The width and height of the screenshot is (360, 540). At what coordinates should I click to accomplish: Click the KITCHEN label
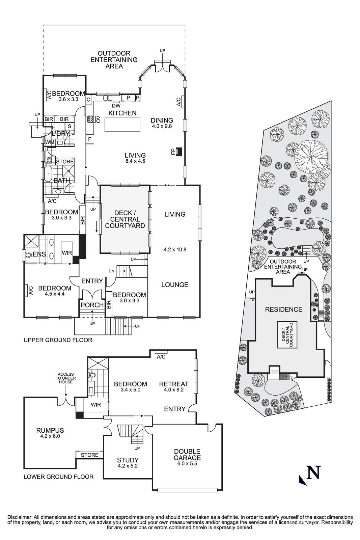click(x=122, y=113)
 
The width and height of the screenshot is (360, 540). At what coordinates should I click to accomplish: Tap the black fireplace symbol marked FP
click(x=179, y=152)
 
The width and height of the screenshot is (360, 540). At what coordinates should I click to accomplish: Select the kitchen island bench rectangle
click(x=122, y=125)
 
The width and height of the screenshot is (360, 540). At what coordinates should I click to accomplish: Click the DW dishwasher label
click(x=116, y=106)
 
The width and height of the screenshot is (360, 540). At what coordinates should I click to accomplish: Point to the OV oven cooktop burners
click(x=90, y=119)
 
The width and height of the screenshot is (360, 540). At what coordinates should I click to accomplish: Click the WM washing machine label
click(x=50, y=142)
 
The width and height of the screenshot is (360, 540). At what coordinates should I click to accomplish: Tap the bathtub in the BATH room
click(x=48, y=173)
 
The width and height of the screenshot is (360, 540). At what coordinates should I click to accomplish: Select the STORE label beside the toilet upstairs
click(x=65, y=162)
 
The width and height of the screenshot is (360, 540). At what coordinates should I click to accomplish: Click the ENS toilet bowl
click(x=29, y=254)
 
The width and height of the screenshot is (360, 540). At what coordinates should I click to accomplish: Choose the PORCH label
click(x=92, y=305)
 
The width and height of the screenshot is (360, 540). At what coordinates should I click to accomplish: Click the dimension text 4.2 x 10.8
click(x=175, y=249)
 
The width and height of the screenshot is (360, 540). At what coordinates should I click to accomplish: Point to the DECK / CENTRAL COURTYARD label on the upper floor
click(x=125, y=219)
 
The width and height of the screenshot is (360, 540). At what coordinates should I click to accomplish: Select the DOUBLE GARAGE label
click(x=187, y=454)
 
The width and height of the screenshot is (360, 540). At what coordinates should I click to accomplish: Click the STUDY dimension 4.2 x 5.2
click(x=128, y=466)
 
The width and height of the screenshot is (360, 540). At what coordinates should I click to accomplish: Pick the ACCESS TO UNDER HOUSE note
click(x=65, y=378)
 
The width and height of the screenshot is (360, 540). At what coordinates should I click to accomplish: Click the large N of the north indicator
click(x=313, y=472)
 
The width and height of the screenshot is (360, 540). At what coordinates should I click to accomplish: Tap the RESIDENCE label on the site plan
click(x=284, y=309)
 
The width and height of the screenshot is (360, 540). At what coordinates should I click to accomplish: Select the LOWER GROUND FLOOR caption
click(x=58, y=477)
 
